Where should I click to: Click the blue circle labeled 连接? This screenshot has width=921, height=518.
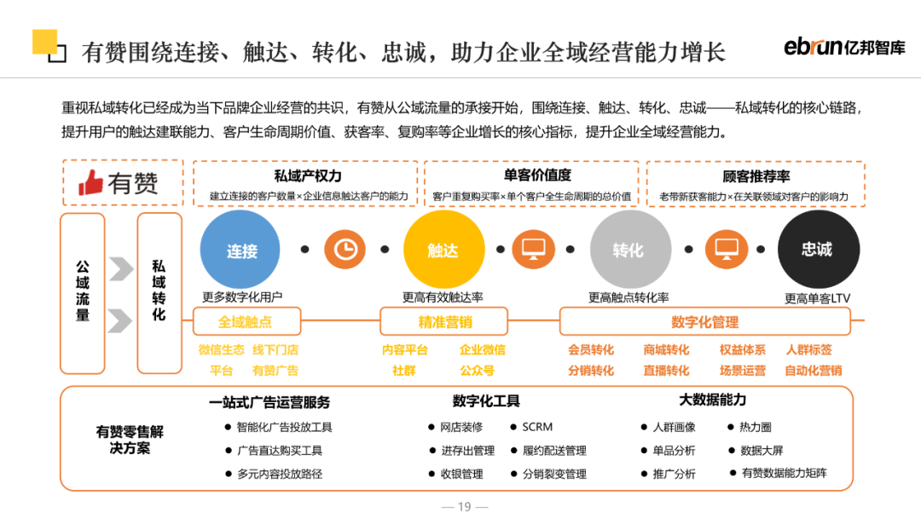click(x=241, y=250)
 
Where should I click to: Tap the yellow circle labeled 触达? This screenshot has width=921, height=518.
click(x=443, y=250)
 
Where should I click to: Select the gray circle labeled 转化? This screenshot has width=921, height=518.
click(x=628, y=250)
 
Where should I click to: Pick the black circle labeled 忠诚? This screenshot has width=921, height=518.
click(x=816, y=250)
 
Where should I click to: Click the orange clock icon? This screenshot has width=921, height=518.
click(x=345, y=250)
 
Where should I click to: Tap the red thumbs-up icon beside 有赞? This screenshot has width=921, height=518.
click(x=90, y=181)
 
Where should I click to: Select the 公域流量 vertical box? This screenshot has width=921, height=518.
click(x=83, y=292)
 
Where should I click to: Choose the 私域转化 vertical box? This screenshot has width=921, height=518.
click(x=159, y=292)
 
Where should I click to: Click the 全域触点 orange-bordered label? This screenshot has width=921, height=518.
click(x=246, y=322)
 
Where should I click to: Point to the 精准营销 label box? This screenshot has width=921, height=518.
click(x=444, y=322)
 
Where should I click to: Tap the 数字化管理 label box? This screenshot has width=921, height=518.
click(x=704, y=322)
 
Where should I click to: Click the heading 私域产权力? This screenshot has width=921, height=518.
click(x=308, y=176)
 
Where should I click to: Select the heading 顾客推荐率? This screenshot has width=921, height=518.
click(x=756, y=176)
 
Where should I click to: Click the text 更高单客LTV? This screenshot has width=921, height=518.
click(x=817, y=298)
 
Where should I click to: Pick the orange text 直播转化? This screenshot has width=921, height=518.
click(x=666, y=371)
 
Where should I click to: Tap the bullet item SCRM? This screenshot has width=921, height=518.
click(x=537, y=427)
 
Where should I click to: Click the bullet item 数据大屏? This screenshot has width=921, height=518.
click(x=762, y=450)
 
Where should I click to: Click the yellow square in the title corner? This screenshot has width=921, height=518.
click(x=44, y=42)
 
